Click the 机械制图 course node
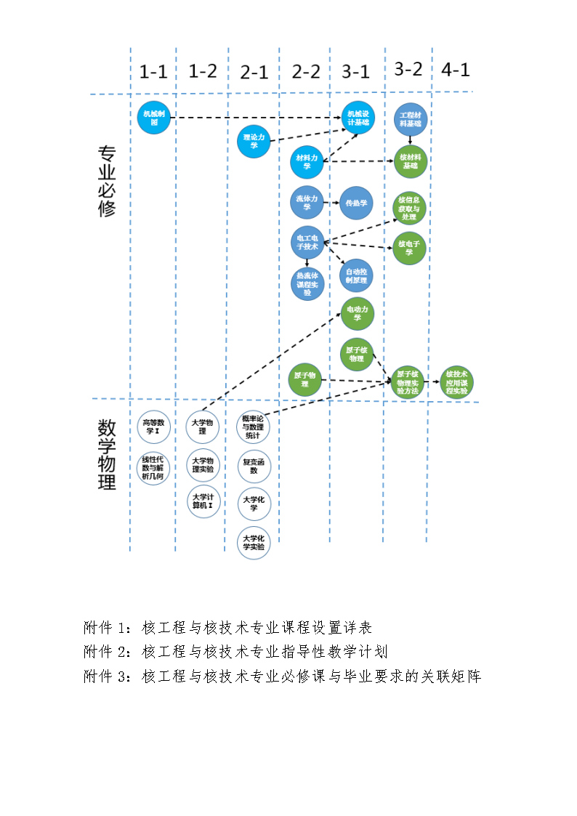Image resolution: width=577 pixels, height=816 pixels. tap(153, 118)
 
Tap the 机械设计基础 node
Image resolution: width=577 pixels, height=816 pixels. tap(358, 118)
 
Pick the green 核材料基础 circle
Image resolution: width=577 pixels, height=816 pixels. tap(410, 161)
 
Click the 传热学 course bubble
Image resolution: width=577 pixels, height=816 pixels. tap(356, 203)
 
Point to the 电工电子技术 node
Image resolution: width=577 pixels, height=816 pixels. tap(307, 243)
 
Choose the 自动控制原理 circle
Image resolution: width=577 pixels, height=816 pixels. tap(356, 275)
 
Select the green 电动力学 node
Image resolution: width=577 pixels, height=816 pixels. tap(358, 313)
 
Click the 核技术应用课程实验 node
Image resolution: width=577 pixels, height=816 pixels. tap(457, 381)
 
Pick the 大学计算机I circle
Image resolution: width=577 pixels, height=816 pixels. tap(203, 501)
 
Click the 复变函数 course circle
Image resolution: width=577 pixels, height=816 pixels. tap(254, 466)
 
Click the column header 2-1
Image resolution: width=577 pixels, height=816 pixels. tap(254, 72)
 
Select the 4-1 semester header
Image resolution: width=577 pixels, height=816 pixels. tap(456, 70)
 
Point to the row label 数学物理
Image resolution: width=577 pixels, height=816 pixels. tap(107, 455)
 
